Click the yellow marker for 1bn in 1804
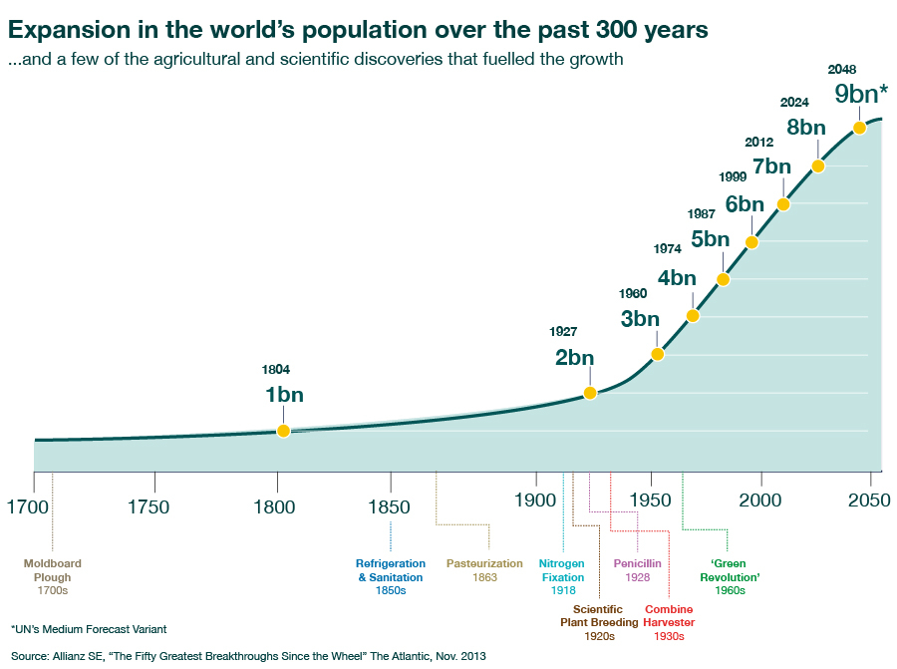[283, 431]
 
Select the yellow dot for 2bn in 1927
[590, 393]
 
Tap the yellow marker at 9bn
[859, 128]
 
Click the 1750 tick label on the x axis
[149, 506]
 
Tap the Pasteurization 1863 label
[484, 570]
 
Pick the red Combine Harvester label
[670, 616]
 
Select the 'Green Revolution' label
[730, 577]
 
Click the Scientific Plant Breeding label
[599, 616]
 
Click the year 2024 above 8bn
[794, 102]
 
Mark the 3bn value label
[640, 319]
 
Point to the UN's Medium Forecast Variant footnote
[89, 629]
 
